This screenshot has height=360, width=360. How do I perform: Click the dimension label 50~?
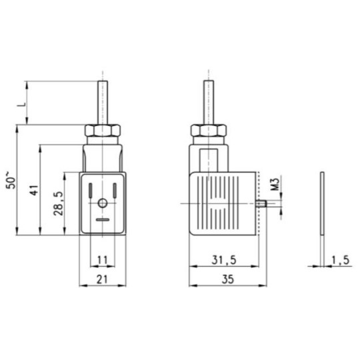point(11,180)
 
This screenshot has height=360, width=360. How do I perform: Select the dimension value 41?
point(34,189)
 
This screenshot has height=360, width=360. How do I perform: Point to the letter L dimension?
point(21,105)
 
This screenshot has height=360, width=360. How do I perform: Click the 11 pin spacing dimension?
point(103,260)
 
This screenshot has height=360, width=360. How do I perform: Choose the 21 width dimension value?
point(102,279)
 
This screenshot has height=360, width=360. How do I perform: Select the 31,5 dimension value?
point(224,260)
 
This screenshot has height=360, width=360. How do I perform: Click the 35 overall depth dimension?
point(228,279)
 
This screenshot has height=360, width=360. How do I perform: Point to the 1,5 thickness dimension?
point(340,260)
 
